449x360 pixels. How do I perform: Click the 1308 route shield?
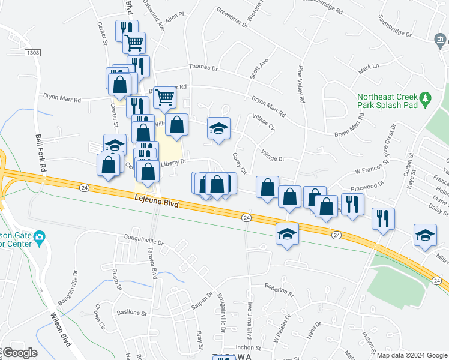[33, 53]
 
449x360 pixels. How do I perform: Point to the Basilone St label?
[132, 313]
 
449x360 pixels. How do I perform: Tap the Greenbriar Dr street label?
[232, 18]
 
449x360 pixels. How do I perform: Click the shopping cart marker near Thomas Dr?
[134, 42]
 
